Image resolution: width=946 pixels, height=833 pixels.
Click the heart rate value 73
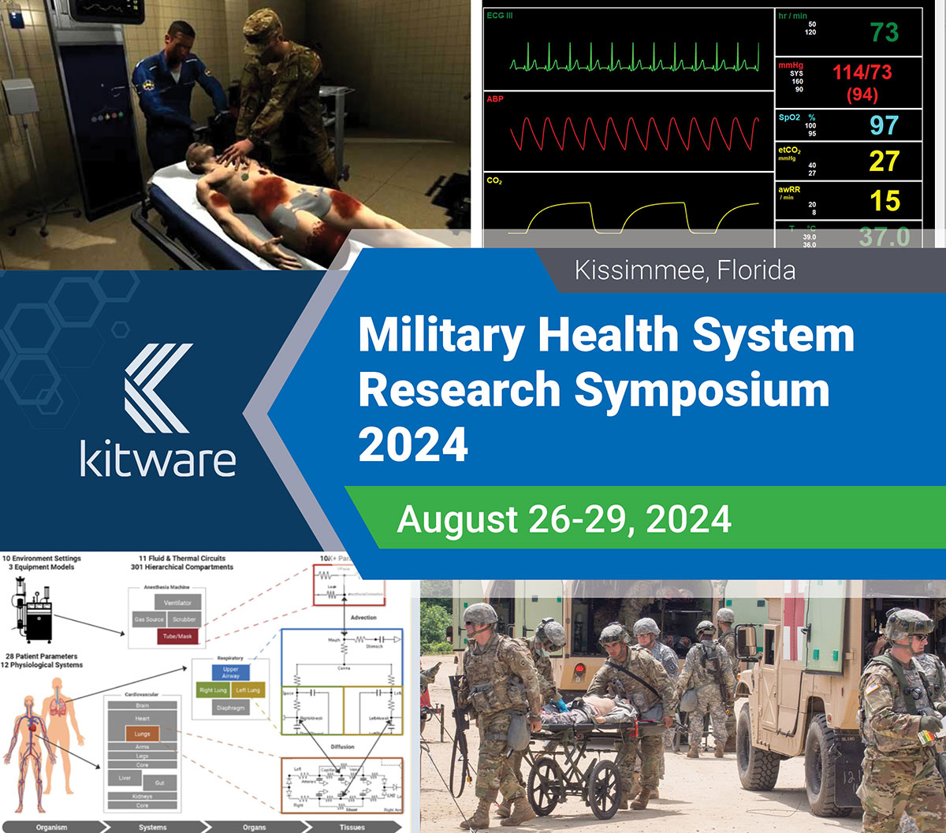(x=884, y=32)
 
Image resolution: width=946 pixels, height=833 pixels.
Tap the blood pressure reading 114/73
(x=862, y=73)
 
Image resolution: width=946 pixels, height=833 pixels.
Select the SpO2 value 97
(x=884, y=125)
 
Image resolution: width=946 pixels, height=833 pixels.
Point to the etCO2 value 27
(x=884, y=162)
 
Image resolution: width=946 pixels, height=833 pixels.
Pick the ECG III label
(x=499, y=16)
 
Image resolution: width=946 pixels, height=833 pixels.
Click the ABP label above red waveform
(x=495, y=99)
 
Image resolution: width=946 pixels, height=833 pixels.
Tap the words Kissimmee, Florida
(x=684, y=271)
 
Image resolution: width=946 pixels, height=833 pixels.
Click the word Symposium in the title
(x=701, y=389)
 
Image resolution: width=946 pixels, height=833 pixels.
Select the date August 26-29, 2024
(x=564, y=519)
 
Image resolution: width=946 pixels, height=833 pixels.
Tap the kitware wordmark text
(x=158, y=459)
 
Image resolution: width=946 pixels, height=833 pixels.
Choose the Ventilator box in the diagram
(x=177, y=602)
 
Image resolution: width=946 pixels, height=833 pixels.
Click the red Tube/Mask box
(x=177, y=637)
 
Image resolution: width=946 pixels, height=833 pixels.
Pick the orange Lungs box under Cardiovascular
(x=142, y=734)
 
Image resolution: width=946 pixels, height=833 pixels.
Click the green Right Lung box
(x=213, y=690)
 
